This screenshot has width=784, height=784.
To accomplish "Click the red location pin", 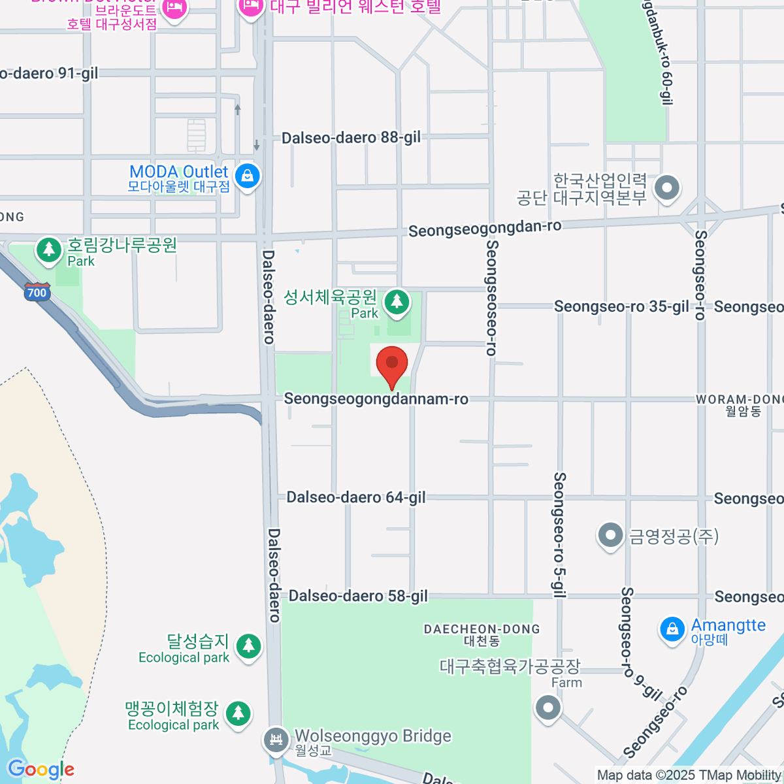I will [391, 365].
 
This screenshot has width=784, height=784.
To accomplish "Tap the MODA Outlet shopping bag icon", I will [248, 176].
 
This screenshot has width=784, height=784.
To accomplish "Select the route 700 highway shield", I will [37, 292].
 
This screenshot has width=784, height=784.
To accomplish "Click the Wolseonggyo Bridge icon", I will [276, 740].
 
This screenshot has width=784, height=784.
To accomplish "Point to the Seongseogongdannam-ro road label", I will [376, 399].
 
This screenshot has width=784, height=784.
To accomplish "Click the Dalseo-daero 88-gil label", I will [351, 138].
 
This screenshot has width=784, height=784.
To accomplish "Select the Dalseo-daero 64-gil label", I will [356, 497].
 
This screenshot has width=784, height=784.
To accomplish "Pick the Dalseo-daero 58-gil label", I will [358, 596].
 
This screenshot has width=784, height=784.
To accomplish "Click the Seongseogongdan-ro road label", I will [485, 229].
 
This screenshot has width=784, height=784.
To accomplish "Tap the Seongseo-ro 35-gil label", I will [621, 306].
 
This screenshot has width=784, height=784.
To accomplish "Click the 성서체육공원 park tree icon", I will [396, 302].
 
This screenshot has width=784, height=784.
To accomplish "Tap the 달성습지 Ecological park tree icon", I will [248, 645].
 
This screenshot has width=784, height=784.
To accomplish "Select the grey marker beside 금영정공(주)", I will [610, 536].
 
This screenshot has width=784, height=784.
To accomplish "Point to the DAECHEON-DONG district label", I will [482, 634].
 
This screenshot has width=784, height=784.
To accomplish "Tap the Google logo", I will [41, 770].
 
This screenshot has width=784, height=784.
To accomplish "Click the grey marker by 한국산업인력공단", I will [667, 188].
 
